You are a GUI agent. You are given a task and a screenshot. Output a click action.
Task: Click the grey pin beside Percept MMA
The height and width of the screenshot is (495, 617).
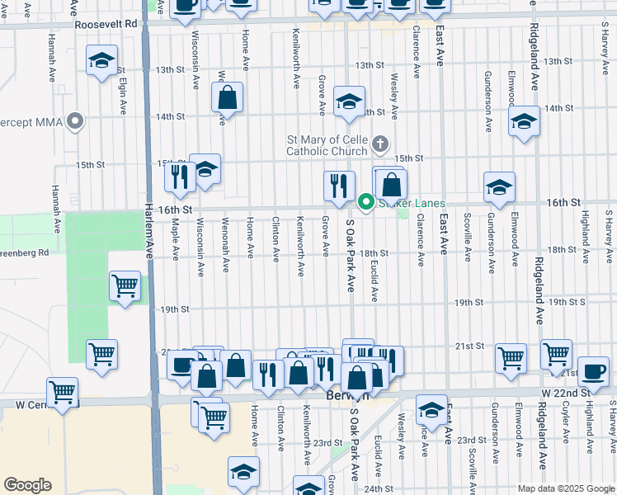tap(76, 122)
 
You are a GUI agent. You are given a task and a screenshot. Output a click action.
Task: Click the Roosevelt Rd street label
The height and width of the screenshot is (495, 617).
tap(105, 25)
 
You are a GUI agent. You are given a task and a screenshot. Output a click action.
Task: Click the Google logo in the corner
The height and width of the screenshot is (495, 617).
tap(27, 485)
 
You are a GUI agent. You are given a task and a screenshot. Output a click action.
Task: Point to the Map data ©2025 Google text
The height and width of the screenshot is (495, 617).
tap(566, 488)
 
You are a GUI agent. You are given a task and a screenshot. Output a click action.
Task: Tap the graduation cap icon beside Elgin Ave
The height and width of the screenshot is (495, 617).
tap(102, 62)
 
